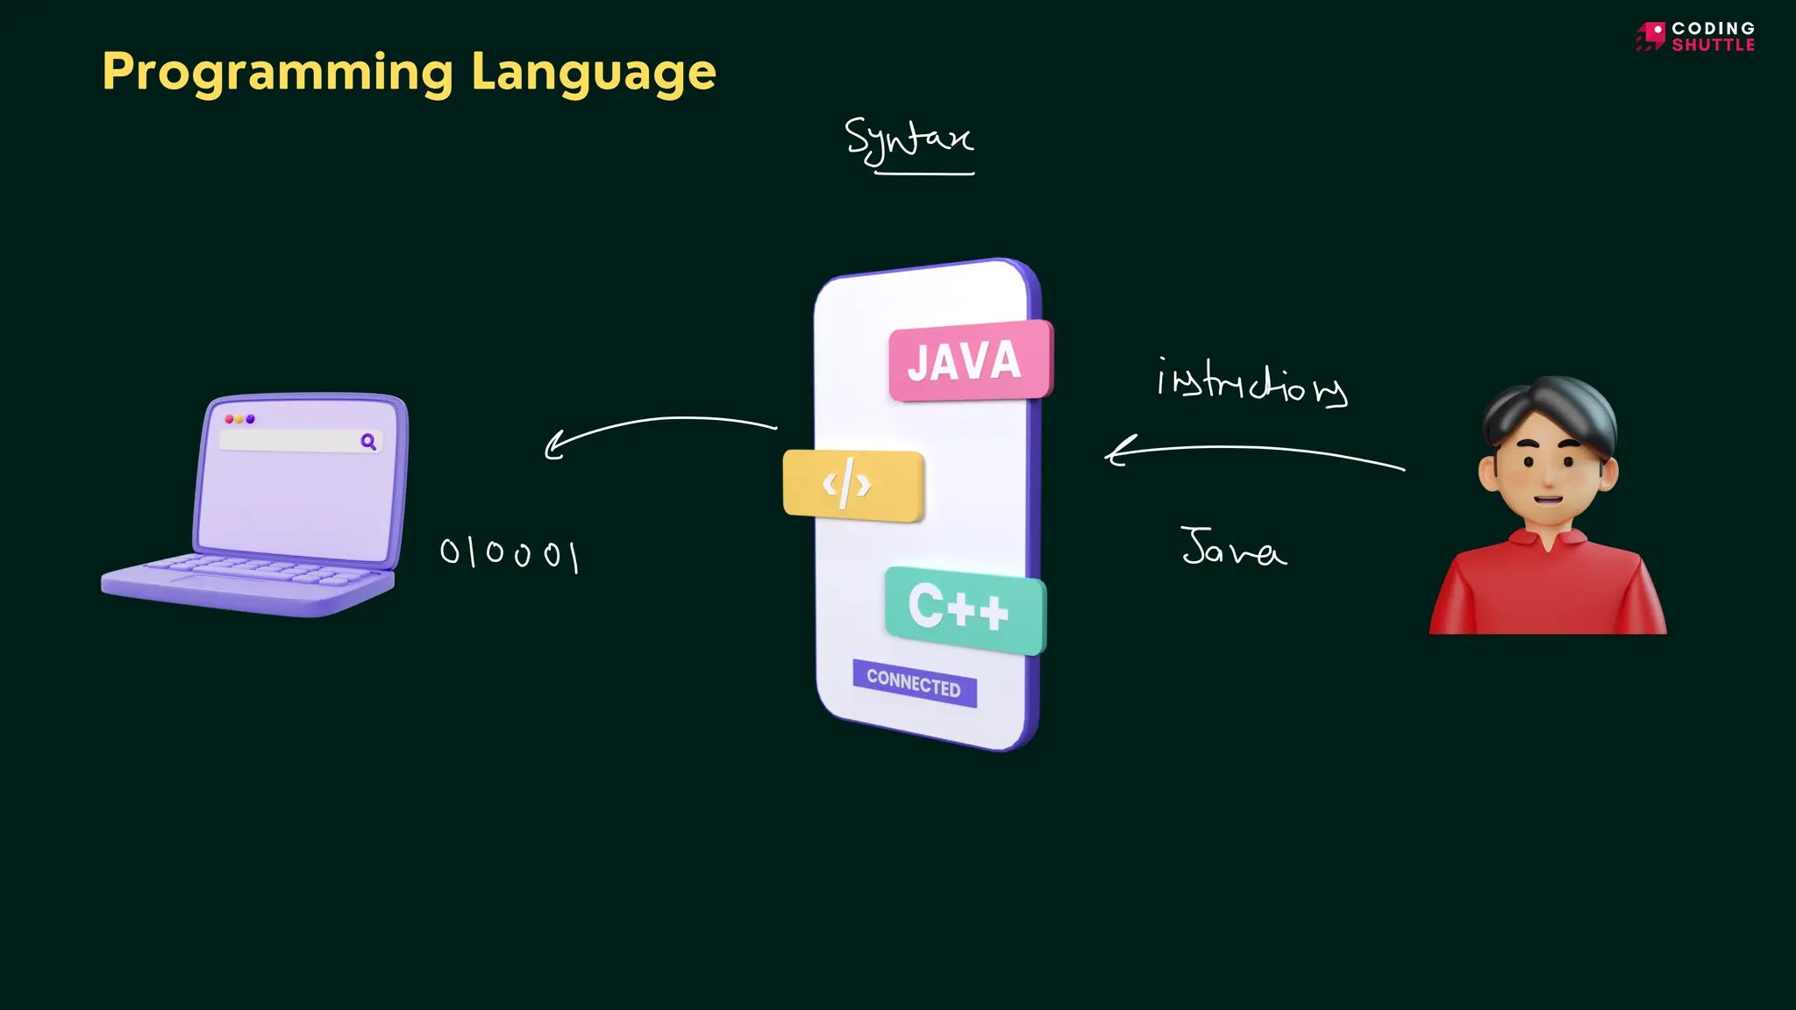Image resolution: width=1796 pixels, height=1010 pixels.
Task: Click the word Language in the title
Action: pos(594,73)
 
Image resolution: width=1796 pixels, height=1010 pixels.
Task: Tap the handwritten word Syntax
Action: pos(908,139)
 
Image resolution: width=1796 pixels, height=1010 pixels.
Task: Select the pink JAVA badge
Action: pos(969,361)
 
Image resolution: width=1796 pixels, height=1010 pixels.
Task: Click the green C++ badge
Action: pos(964,608)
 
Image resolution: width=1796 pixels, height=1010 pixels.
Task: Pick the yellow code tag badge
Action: pos(852,485)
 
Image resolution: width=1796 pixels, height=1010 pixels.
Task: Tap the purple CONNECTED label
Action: pos(914,683)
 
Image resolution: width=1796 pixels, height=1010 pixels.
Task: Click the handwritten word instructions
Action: pos(1251,384)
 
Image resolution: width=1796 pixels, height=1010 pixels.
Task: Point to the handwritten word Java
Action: pos(1232,547)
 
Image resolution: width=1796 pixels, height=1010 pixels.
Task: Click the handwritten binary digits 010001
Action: pos(509,553)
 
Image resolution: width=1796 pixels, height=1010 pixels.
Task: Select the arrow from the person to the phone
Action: pos(1254,452)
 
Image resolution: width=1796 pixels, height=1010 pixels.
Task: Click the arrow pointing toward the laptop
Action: pos(658,428)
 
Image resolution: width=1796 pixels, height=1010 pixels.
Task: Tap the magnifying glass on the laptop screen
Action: pos(368,442)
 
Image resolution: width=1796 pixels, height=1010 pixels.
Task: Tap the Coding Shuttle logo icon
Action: pos(1650,36)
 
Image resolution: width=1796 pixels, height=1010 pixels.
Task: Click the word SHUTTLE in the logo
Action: pos(1713,45)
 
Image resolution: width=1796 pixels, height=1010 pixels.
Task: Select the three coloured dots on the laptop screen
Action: pos(239,419)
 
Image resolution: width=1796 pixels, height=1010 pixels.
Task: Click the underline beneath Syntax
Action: pos(924,174)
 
